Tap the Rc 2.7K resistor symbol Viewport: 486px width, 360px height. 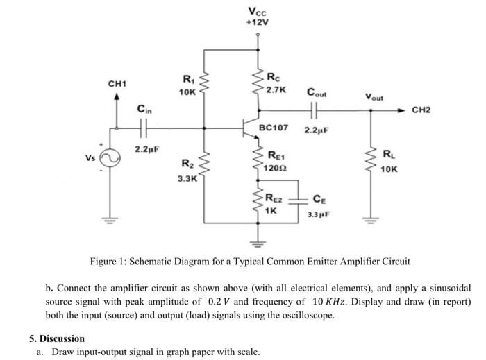[258, 84]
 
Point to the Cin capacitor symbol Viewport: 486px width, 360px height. [144, 128]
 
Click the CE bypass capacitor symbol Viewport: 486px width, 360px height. [300, 203]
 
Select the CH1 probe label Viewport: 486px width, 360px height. [117, 84]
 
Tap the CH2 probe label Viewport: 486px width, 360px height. [421, 110]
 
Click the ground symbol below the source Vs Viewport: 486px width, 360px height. [109, 223]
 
